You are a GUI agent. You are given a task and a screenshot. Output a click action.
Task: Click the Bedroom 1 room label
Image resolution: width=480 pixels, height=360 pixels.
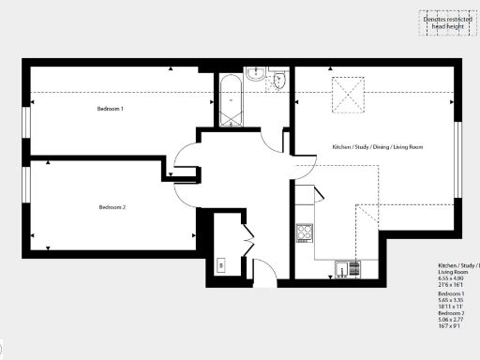pos(111,110)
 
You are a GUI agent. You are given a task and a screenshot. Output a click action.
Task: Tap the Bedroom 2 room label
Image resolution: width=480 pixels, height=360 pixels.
pos(112,207)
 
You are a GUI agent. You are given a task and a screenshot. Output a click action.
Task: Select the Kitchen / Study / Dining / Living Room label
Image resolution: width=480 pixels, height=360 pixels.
pos(378,147)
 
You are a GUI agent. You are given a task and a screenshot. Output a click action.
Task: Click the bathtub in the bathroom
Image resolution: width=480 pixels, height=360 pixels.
pos(230,102)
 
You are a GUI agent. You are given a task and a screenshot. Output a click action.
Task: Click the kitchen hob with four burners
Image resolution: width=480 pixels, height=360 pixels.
pos(304,232)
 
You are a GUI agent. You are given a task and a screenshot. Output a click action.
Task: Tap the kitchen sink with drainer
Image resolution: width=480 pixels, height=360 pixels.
pos(345,269)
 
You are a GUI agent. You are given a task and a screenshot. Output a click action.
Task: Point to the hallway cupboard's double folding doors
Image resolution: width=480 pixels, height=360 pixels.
pos(247,238)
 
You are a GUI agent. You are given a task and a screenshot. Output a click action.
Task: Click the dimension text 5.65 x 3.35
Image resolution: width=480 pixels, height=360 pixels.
pos(455,301)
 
